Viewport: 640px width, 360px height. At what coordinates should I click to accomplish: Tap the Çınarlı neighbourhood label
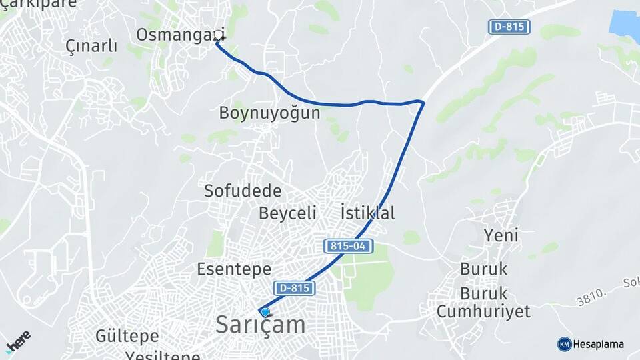tap(91, 46)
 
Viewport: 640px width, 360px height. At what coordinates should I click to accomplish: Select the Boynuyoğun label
tap(269, 113)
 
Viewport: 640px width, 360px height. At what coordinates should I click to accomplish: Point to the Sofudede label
tap(243, 191)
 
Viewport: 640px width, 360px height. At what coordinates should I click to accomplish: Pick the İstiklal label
tap(367, 213)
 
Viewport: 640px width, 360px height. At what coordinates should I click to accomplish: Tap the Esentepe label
tap(234, 269)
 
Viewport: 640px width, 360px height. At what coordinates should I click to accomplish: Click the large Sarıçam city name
tap(261, 325)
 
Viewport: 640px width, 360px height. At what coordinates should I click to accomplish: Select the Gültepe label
tap(127, 335)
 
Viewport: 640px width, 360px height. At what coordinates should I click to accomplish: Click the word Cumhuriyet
tap(483, 311)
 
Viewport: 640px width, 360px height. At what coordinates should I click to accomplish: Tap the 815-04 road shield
tap(349, 247)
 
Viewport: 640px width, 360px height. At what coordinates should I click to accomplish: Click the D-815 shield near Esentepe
tap(294, 288)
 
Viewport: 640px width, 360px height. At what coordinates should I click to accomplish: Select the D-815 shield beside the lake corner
tap(509, 27)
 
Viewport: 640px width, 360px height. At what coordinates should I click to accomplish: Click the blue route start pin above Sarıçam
tap(265, 311)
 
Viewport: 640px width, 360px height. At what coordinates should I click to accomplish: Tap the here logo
tap(18, 342)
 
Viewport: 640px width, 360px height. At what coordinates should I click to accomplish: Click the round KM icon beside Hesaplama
tap(564, 344)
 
